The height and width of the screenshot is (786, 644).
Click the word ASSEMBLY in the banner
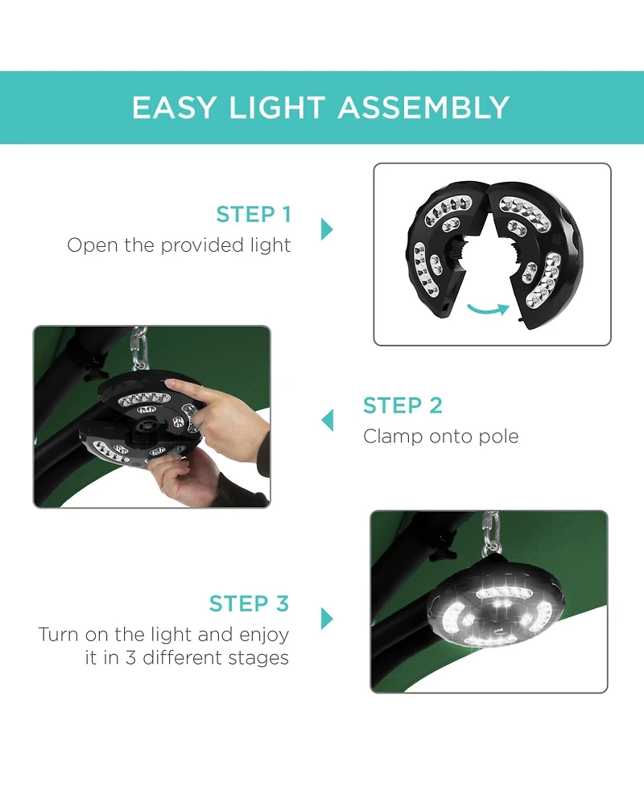tap(423, 107)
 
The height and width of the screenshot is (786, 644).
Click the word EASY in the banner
tap(174, 107)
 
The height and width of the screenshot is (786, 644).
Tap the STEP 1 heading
tap(254, 214)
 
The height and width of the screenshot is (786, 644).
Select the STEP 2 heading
tap(402, 405)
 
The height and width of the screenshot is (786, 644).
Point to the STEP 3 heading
tap(250, 603)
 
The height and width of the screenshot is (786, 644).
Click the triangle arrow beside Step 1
tap(327, 229)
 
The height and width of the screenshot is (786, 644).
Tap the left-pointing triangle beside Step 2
tap(327, 420)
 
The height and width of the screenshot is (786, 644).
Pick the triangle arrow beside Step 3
tap(327, 618)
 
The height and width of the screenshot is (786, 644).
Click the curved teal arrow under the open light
tap(488, 309)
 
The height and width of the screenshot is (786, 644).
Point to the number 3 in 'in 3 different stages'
tap(130, 657)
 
